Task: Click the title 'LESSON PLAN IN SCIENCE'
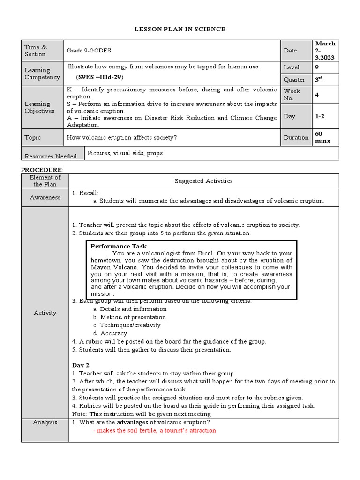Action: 180,30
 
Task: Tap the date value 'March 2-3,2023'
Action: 325,50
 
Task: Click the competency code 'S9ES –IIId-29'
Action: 100,77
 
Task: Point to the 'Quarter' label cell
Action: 294,80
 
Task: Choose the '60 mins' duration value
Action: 322,137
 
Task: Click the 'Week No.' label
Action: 292,95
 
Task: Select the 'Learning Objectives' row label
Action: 40,107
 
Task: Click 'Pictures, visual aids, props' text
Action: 125,153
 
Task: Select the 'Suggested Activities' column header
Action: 203,181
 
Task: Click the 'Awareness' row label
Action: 45,197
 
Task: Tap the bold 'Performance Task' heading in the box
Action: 119,246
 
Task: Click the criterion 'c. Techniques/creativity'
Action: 127,325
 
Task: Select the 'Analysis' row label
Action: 45,422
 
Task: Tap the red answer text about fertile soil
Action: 155,430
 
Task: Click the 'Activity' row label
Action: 45,313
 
